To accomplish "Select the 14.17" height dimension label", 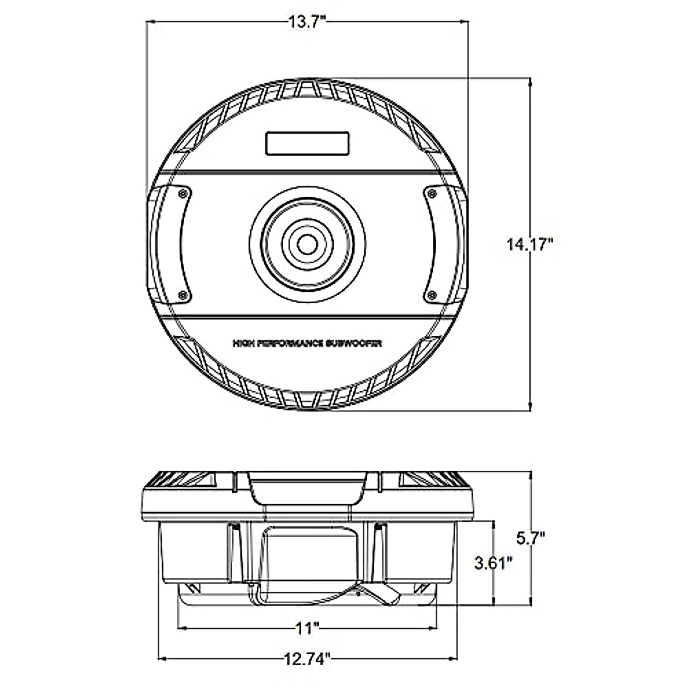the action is point(530,245).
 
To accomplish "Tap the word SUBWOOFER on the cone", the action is point(354,343).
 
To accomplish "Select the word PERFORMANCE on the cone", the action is point(290,343).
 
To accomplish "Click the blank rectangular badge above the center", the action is point(307,143).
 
